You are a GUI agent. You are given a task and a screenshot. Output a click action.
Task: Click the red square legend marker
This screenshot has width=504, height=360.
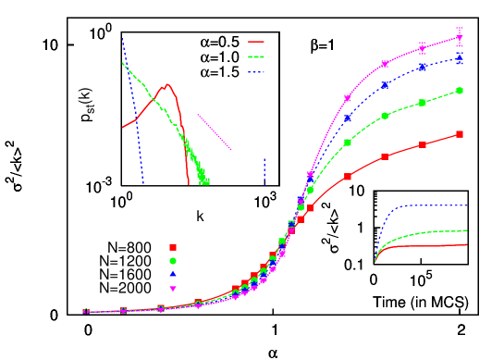(173, 247)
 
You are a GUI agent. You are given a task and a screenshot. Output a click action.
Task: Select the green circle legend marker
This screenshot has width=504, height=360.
(173, 261)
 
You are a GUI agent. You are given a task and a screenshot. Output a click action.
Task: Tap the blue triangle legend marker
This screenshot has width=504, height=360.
(173, 274)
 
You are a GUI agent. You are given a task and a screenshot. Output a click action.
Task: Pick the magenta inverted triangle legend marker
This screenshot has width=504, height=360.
(173, 289)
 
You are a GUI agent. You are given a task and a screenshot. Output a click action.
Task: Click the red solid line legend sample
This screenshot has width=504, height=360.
(256, 42)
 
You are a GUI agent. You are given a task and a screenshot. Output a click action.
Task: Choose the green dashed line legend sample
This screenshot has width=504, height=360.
(256, 56)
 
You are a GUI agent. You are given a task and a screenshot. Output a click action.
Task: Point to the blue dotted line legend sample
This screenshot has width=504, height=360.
(256, 71)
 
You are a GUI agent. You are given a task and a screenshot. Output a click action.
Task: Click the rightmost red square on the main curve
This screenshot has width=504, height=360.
(460, 134)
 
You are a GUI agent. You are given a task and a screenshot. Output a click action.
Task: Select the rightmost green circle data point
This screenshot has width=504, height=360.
(460, 91)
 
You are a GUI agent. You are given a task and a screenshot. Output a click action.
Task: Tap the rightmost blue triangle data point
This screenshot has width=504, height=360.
(460, 58)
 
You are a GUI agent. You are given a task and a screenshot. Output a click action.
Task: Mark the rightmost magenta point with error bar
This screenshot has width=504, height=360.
(460, 37)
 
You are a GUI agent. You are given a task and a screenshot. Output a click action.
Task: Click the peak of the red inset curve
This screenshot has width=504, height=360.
(167, 84)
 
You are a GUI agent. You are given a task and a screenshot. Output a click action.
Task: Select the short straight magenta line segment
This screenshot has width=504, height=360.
(214, 131)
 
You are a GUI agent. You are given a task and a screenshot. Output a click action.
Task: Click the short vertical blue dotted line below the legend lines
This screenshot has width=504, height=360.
(264, 171)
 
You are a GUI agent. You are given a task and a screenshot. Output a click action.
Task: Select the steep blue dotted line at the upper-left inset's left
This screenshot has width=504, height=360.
(133, 111)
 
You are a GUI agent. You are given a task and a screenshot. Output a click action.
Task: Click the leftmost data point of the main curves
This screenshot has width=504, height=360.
(85, 312)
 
